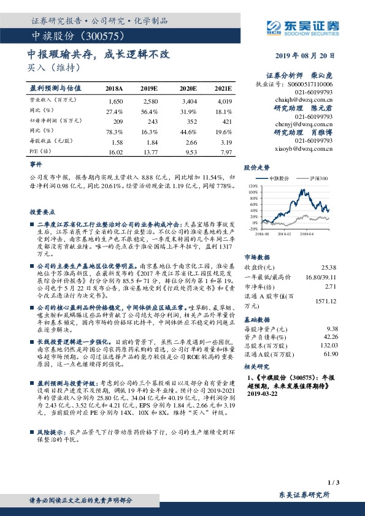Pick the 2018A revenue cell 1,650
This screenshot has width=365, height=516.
pos(115,99)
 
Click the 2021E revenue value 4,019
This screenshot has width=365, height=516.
pos(225,99)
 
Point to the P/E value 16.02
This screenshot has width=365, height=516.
pos(115,151)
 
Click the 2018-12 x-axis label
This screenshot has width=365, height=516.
pos(283,233)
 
